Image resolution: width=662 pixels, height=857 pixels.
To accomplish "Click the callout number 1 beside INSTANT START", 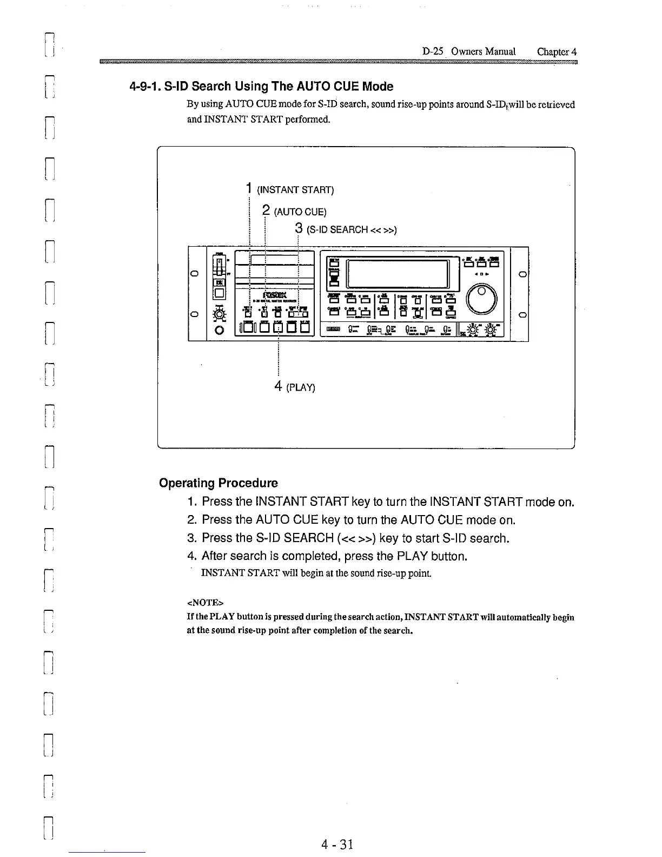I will (x=248, y=188).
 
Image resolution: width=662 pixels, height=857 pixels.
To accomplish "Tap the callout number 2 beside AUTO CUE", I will (x=266, y=210).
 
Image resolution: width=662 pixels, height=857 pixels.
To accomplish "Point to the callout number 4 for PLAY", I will (x=278, y=386).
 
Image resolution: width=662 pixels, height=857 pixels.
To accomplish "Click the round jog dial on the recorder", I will (x=481, y=299).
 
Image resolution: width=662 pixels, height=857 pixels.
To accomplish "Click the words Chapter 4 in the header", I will (x=557, y=51).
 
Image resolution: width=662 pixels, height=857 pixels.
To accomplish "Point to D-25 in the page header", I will (x=433, y=51).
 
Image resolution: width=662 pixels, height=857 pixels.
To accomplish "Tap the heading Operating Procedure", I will (x=219, y=483).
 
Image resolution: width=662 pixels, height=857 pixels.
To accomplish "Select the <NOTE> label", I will (x=205, y=602).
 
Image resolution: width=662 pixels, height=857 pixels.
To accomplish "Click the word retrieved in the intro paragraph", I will (x=558, y=104).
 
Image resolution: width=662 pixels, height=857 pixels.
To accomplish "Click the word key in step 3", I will (x=388, y=538).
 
